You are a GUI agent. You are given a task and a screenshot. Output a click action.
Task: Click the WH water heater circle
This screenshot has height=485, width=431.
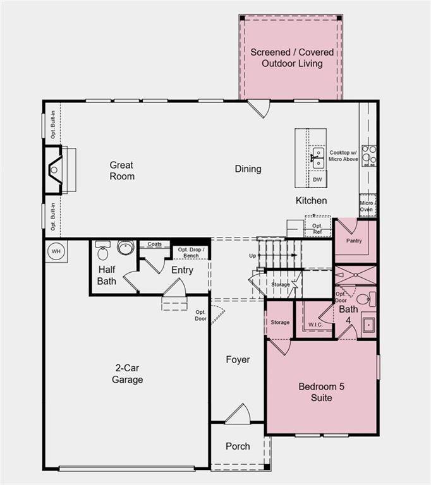click(x=56, y=251)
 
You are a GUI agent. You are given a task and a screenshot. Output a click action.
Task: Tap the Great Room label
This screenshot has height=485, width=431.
click(x=121, y=171)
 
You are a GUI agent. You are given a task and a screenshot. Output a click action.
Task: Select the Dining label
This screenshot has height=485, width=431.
click(x=248, y=169)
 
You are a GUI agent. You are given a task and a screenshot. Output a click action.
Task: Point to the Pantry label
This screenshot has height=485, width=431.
click(x=354, y=241)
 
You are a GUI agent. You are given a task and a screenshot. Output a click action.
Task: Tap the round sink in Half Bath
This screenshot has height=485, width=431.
click(x=125, y=247)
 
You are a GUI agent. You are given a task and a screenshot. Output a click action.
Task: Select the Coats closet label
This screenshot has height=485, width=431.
click(x=154, y=244)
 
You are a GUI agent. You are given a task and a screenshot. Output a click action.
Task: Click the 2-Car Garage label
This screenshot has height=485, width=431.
click(x=128, y=373)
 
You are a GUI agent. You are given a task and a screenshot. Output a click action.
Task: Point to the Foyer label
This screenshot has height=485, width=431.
click(x=238, y=359)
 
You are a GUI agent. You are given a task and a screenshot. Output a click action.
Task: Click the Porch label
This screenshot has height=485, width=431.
click(x=238, y=446)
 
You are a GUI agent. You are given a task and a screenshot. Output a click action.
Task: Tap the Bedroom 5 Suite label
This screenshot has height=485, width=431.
click(x=322, y=392)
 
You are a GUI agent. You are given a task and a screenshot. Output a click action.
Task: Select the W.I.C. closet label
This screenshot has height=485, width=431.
click(x=315, y=325)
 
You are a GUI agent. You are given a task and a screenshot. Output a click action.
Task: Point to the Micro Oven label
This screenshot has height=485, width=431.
click(x=367, y=206)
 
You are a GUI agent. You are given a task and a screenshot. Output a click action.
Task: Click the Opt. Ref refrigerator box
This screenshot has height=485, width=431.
click(x=317, y=228)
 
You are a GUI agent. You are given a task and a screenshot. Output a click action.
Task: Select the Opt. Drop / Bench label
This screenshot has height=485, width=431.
click(x=191, y=253)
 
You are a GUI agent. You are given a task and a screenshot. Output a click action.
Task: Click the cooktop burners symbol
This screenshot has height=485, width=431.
click(x=368, y=155)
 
